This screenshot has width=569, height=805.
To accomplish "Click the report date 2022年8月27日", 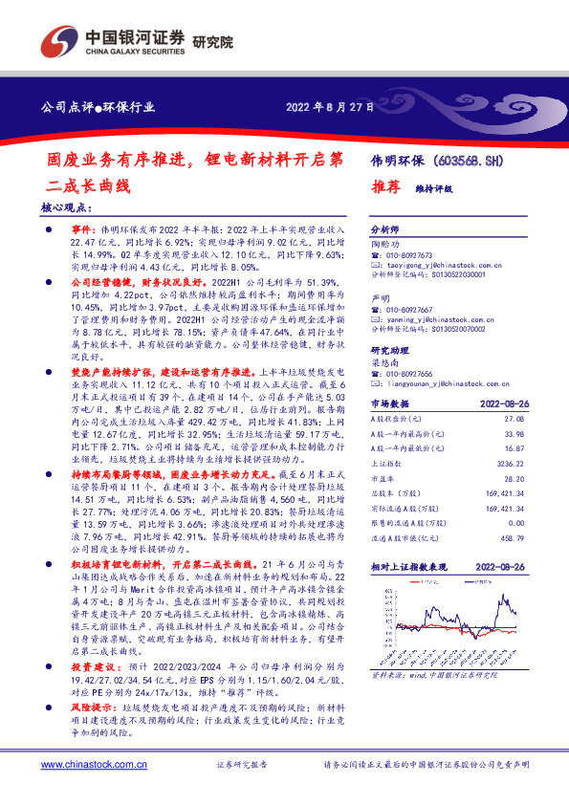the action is click(x=330, y=107).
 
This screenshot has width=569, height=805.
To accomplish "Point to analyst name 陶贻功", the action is click(x=384, y=245).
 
